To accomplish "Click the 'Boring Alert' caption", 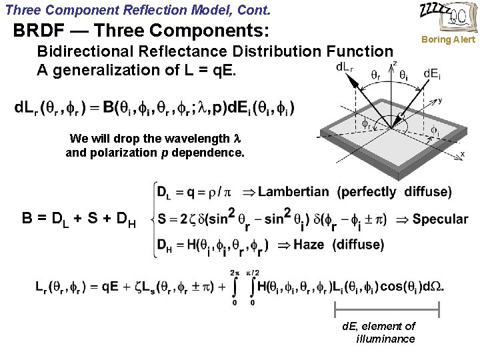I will (x=447, y=39).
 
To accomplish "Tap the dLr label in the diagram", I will (x=345, y=67).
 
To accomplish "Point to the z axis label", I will (x=394, y=63).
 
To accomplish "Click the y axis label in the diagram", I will (x=439, y=101).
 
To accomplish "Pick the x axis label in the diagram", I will (x=462, y=154).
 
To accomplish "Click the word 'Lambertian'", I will (x=293, y=192).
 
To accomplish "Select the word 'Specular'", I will (x=440, y=219).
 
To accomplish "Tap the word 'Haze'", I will (x=308, y=245).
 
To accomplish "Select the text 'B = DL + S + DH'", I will (x=79, y=219).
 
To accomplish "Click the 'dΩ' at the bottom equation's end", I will (x=432, y=287).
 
